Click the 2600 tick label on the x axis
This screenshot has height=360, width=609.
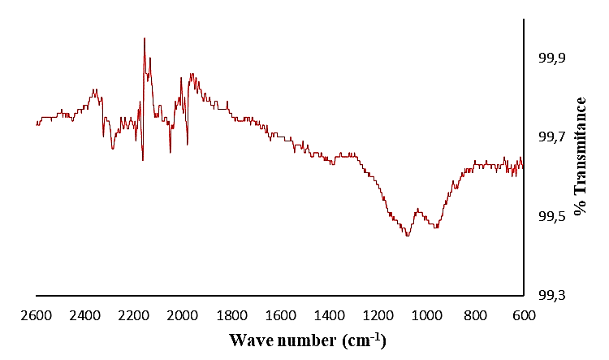37,315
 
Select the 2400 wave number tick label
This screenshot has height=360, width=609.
85,315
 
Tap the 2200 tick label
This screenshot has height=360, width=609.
134,315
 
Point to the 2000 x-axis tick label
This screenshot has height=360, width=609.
183,315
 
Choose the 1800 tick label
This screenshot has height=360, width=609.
231,315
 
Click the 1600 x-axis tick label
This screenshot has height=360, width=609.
280,315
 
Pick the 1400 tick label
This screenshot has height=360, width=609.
329,315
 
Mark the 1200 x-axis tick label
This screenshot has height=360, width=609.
378,315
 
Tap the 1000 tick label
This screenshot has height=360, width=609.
426,315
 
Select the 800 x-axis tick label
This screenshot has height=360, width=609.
475,315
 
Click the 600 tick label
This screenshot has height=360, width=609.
523,315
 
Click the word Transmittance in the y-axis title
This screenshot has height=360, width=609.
580,146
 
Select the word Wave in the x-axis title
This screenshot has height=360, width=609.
251,339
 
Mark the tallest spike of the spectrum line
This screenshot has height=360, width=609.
145,38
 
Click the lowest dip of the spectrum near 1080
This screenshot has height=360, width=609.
408,236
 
